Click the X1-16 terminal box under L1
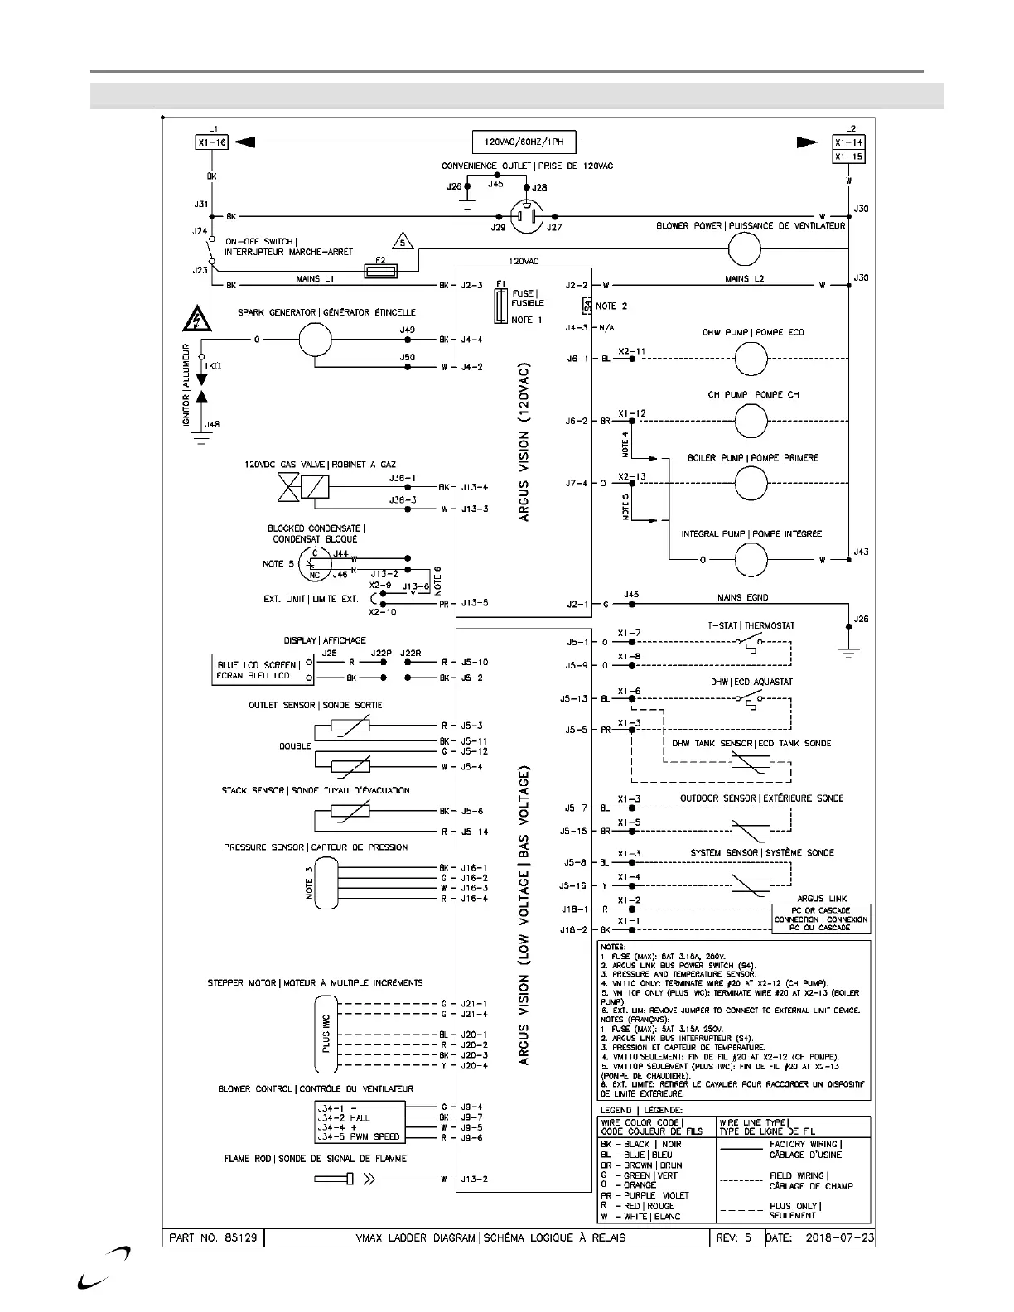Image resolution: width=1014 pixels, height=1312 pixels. (x=211, y=142)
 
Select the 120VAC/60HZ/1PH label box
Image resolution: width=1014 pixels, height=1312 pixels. (x=524, y=142)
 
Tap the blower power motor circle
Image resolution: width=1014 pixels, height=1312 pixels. (x=743, y=248)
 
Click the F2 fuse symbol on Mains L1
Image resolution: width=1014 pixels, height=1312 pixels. (x=382, y=270)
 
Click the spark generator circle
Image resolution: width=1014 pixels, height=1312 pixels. (x=315, y=339)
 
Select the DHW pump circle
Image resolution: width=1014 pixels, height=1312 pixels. (x=751, y=359)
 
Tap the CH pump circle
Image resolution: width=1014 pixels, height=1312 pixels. (x=751, y=421)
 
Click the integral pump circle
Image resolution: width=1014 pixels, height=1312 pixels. (x=751, y=560)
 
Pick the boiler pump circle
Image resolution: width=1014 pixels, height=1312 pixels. (x=751, y=483)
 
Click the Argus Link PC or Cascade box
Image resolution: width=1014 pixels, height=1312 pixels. (x=820, y=919)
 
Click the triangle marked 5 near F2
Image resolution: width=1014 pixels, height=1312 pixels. (x=403, y=242)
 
